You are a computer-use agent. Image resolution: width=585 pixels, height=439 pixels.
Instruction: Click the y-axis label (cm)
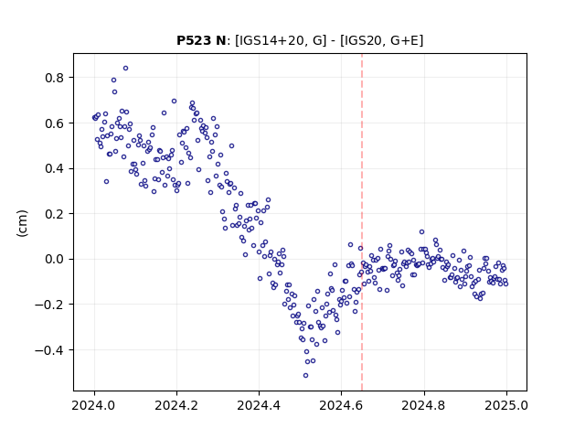click(22, 223)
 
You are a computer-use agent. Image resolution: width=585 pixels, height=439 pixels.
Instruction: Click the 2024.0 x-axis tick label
click(94, 405)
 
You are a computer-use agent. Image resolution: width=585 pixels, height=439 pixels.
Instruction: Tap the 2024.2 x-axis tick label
click(176, 405)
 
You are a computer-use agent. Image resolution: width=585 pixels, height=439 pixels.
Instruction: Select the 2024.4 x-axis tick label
click(259, 405)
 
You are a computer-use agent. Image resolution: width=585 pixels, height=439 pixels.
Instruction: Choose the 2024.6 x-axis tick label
click(341, 405)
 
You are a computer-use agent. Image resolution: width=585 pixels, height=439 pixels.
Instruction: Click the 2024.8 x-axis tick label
click(424, 405)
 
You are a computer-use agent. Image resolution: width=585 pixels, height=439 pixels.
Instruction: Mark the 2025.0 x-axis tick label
click(506, 405)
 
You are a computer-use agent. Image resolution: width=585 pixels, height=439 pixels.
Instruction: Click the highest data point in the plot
click(126, 69)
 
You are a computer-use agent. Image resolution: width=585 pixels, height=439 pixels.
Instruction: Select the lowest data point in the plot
click(305, 376)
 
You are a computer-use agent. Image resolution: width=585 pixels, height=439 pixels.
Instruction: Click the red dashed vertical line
click(362, 222)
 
